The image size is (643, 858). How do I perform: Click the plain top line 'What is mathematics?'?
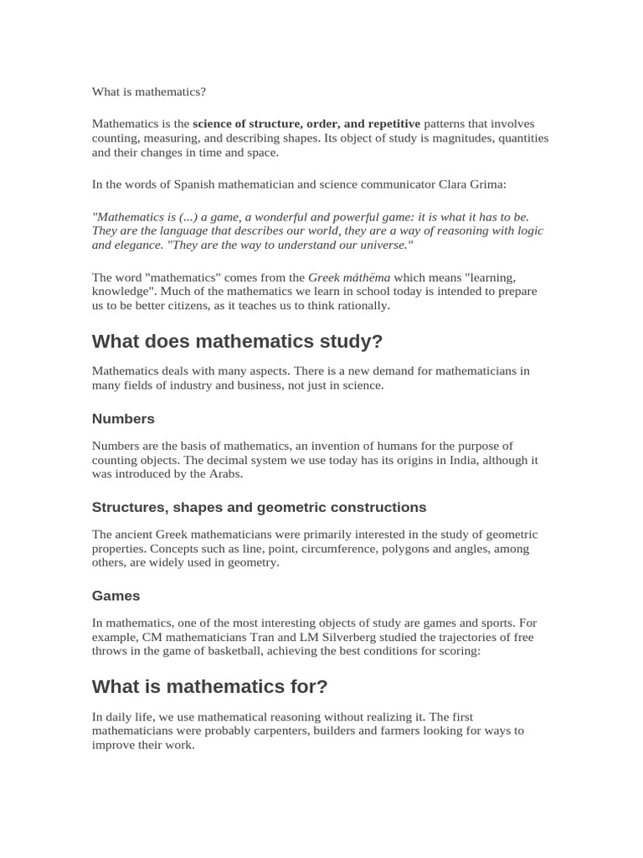click(148, 91)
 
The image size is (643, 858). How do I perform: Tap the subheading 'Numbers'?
click(123, 418)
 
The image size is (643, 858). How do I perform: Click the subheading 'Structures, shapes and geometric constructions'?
click(259, 507)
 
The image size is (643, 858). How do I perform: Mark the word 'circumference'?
click(342, 549)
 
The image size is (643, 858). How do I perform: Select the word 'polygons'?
click(428, 549)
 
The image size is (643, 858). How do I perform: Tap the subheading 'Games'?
click(116, 596)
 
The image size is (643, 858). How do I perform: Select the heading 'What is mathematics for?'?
click(209, 687)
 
